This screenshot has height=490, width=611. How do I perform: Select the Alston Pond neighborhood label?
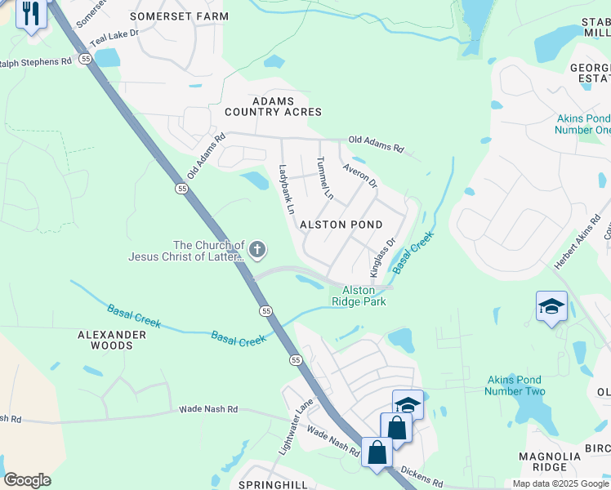(x=341, y=225)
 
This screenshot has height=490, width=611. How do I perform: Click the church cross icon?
(x=257, y=249)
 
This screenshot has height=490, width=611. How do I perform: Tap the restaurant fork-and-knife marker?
(x=31, y=14)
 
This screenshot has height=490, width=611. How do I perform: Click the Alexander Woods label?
(x=117, y=340)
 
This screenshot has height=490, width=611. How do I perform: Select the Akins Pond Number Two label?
(x=515, y=385)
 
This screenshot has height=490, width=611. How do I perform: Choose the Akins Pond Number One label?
(x=582, y=124)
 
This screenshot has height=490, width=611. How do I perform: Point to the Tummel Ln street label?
(x=325, y=178)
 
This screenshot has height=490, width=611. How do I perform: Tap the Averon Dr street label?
(x=359, y=176)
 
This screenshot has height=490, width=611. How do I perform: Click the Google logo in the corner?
(x=27, y=480)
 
